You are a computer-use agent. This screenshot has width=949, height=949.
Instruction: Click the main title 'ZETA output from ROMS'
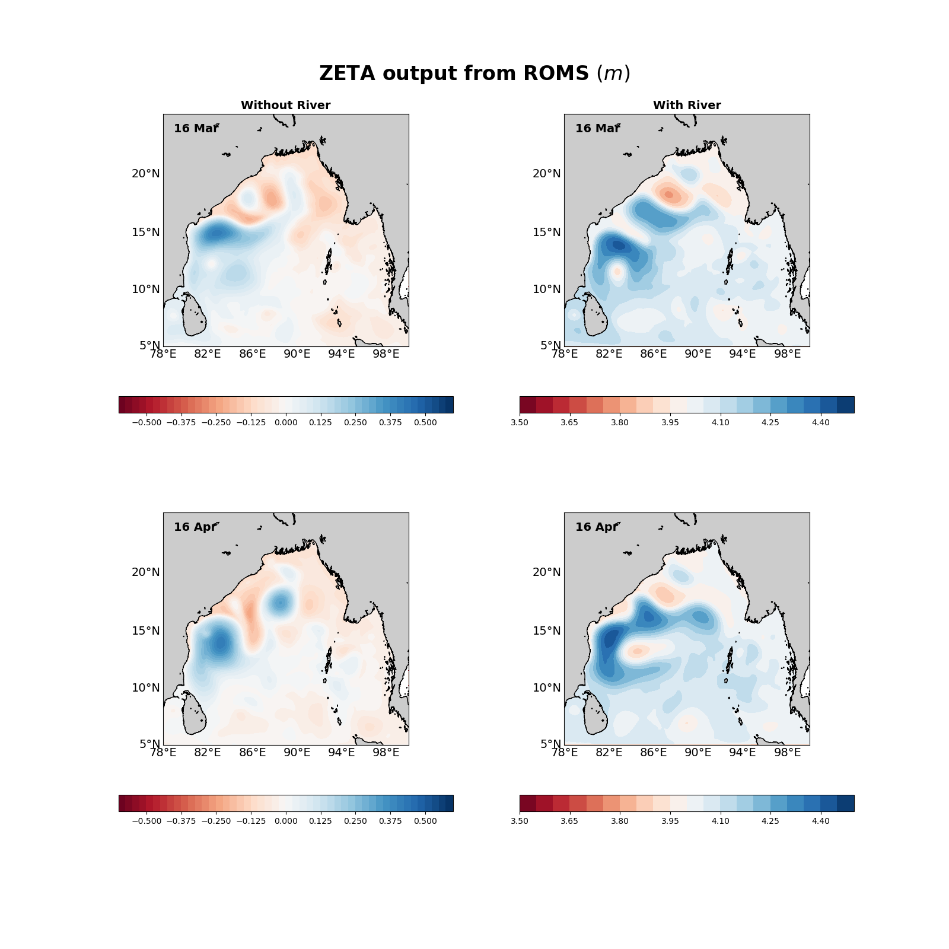474,74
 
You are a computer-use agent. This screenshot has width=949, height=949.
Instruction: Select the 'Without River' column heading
285,105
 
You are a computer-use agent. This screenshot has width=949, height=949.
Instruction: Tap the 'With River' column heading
687,105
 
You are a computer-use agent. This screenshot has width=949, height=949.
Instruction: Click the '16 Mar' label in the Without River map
196,128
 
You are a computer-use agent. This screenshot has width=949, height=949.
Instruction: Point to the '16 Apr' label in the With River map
597,527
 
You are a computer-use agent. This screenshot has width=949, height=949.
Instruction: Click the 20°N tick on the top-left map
146,174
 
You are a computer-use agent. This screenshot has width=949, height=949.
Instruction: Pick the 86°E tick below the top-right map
654,354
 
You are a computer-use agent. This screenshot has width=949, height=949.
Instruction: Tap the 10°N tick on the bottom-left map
146,688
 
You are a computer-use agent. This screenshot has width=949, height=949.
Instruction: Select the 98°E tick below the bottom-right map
788,753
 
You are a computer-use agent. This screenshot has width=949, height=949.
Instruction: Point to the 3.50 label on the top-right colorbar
520,422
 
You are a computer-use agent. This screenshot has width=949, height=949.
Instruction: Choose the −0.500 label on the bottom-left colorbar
146,821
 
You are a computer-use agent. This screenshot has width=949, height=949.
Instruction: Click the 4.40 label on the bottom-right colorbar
821,821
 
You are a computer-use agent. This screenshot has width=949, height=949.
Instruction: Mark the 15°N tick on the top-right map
547,232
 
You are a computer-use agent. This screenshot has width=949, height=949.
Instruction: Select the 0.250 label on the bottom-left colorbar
355,821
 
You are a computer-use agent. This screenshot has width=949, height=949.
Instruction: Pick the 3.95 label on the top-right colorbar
670,422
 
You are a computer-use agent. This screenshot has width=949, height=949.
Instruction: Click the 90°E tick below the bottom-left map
297,753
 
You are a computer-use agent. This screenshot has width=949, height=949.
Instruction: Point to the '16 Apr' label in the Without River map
195,527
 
